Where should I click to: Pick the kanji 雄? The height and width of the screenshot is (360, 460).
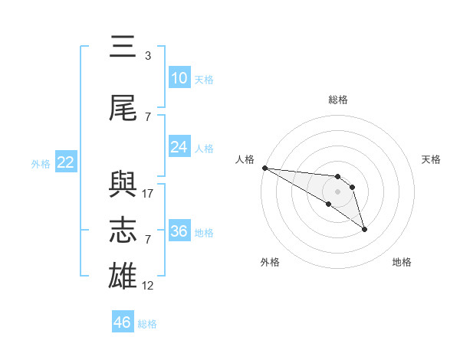pyautogui.click(x=123, y=277)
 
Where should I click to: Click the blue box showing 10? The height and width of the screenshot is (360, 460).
pyautogui.click(x=179, y=78)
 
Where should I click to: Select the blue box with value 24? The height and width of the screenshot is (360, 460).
pyautogui.click(x=179, y=147)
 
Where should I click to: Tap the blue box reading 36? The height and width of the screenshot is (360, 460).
pyautogui.click(x=179, y=231)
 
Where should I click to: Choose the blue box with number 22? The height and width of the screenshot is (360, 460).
pyautogui.click(x=65, y=162)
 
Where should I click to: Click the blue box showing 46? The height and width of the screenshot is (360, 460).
pyautogui.click(x=122, y=322)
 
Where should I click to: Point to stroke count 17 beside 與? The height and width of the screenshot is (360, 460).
pyautogui.click(x=148, y=194)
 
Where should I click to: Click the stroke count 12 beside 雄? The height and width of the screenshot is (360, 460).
pyautogui.click(x=148, y=286)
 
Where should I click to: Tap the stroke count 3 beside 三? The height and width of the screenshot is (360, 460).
pyautogui.click(x=147, y=56)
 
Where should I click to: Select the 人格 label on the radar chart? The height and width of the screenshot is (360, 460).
pyautogui.click(x=245, y=159)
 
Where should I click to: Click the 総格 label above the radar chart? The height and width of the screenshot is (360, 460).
pyautogui.click(x=337, y=100)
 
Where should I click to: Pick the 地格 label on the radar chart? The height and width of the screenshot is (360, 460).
pyautogui.click(x=402, y=262)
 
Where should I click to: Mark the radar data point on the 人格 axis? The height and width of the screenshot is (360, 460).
pyautogui.click(x=264, y=168)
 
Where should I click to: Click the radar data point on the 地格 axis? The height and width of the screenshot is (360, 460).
pyautogui.click(x=364, y=229)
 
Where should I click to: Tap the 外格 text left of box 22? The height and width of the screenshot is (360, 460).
pyautogui.click(x=40, y=163)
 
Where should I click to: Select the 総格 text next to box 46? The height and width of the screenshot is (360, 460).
pyautogui.click(x=147, y=323)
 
